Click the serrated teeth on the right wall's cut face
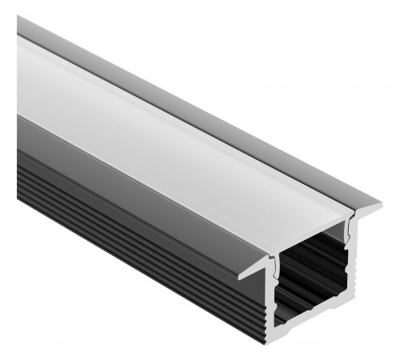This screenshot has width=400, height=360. [350, 296]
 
